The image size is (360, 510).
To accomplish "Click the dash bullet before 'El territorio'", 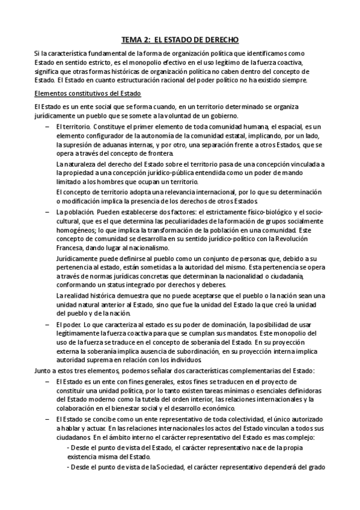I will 47,127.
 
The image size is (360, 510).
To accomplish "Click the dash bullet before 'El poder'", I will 47,324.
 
